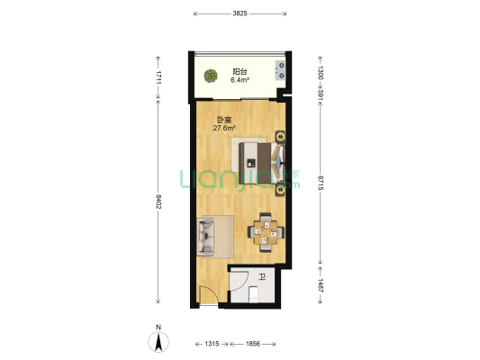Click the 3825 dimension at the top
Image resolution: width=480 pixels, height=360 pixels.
(240, 13)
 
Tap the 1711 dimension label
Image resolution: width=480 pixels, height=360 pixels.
(158, 77)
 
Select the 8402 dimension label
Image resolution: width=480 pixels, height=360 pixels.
(158, 202)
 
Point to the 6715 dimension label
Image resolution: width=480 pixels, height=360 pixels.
(321, 183)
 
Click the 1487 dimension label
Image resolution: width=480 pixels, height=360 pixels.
(321, 285)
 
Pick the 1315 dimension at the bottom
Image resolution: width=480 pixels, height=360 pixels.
(212, 344)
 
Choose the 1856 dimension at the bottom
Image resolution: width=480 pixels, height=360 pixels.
(253, 344)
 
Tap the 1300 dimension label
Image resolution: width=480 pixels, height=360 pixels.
(321, 73)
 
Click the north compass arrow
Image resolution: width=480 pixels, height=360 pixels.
(158, 342)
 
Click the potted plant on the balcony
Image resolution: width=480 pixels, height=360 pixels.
(211, 76)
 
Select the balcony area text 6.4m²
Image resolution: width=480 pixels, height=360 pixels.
(240, 80)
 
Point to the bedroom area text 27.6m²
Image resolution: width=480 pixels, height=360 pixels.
(224, 128)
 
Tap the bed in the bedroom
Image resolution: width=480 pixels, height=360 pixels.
(262, 163)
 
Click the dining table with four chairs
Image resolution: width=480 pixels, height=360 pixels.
(266, 232)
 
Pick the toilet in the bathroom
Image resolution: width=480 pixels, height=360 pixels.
(254, 294)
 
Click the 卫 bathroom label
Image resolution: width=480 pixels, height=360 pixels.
(262, 277)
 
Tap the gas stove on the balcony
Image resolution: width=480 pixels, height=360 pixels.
(280, 70)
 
